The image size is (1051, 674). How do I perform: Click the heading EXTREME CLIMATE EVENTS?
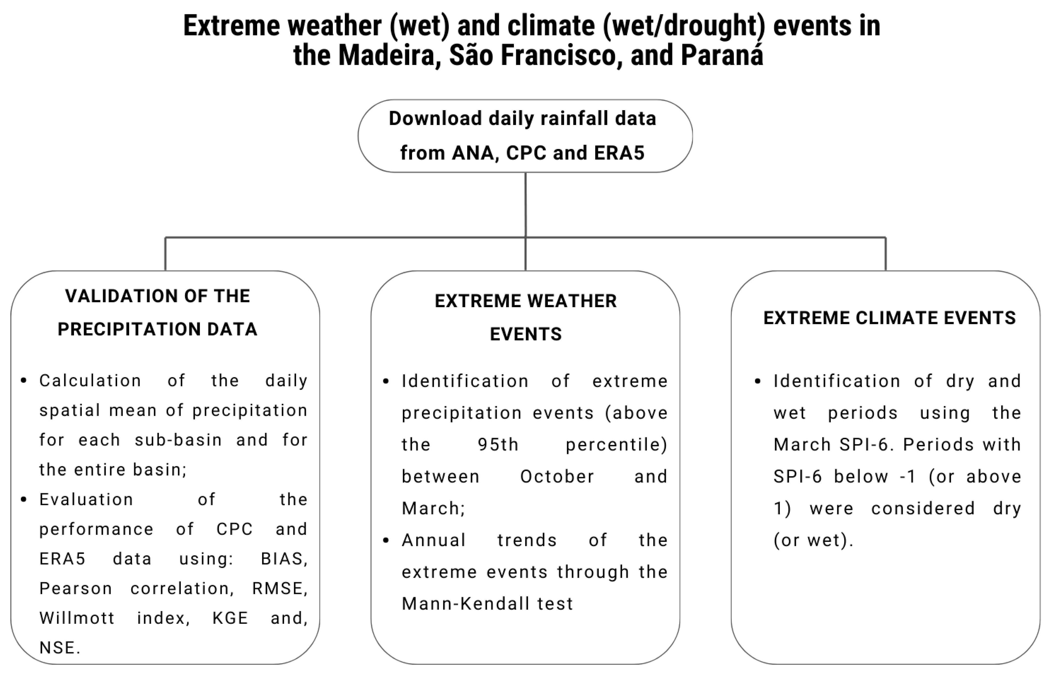[x=889, y=318]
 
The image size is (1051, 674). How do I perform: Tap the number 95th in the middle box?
[x=498, y=445]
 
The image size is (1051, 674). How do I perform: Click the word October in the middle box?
[x=557, y=477]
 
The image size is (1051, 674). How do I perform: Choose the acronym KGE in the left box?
[x=230, y=618]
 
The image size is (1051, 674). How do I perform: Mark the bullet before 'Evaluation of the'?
[x=24, y=499]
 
